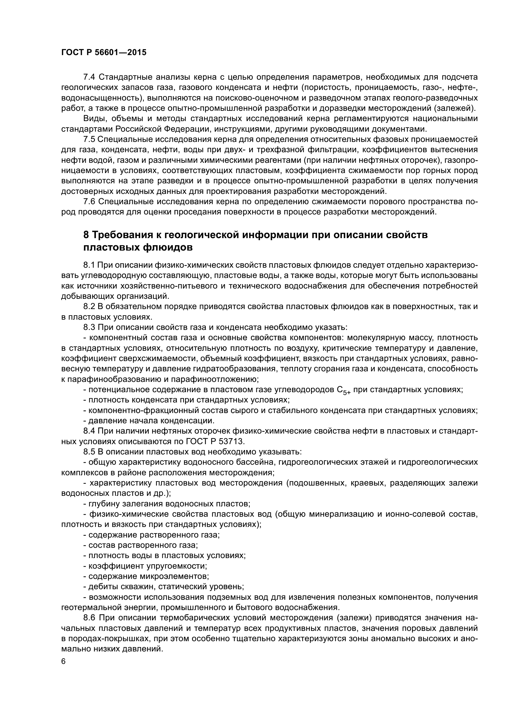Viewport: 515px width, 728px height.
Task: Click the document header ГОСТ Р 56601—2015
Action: tap(104, 53)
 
